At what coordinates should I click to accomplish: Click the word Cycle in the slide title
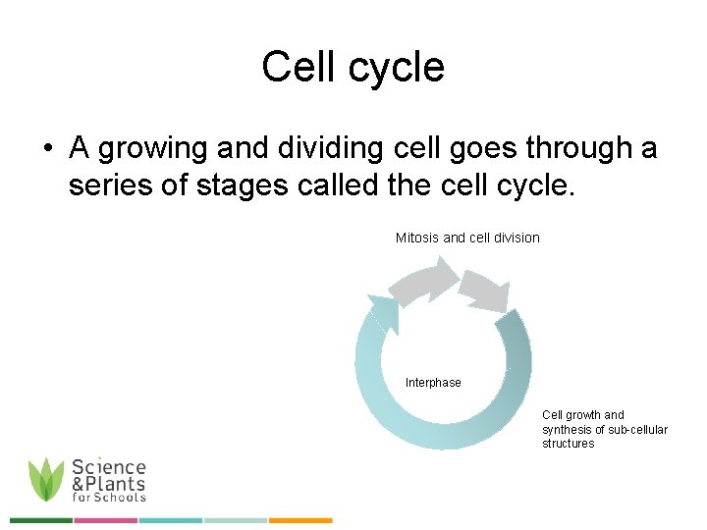(403, 68)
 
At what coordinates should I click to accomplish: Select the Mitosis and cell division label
(467, 238)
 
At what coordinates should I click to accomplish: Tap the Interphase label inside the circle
(433, 383)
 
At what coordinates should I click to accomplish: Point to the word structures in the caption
(568, 444)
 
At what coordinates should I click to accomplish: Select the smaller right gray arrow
(484, 290)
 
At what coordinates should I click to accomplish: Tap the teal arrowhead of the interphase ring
(383, 312)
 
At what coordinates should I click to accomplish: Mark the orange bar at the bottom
(300, 520)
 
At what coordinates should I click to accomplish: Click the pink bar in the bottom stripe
(105, 520)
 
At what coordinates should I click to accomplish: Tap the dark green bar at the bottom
(40, 520)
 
